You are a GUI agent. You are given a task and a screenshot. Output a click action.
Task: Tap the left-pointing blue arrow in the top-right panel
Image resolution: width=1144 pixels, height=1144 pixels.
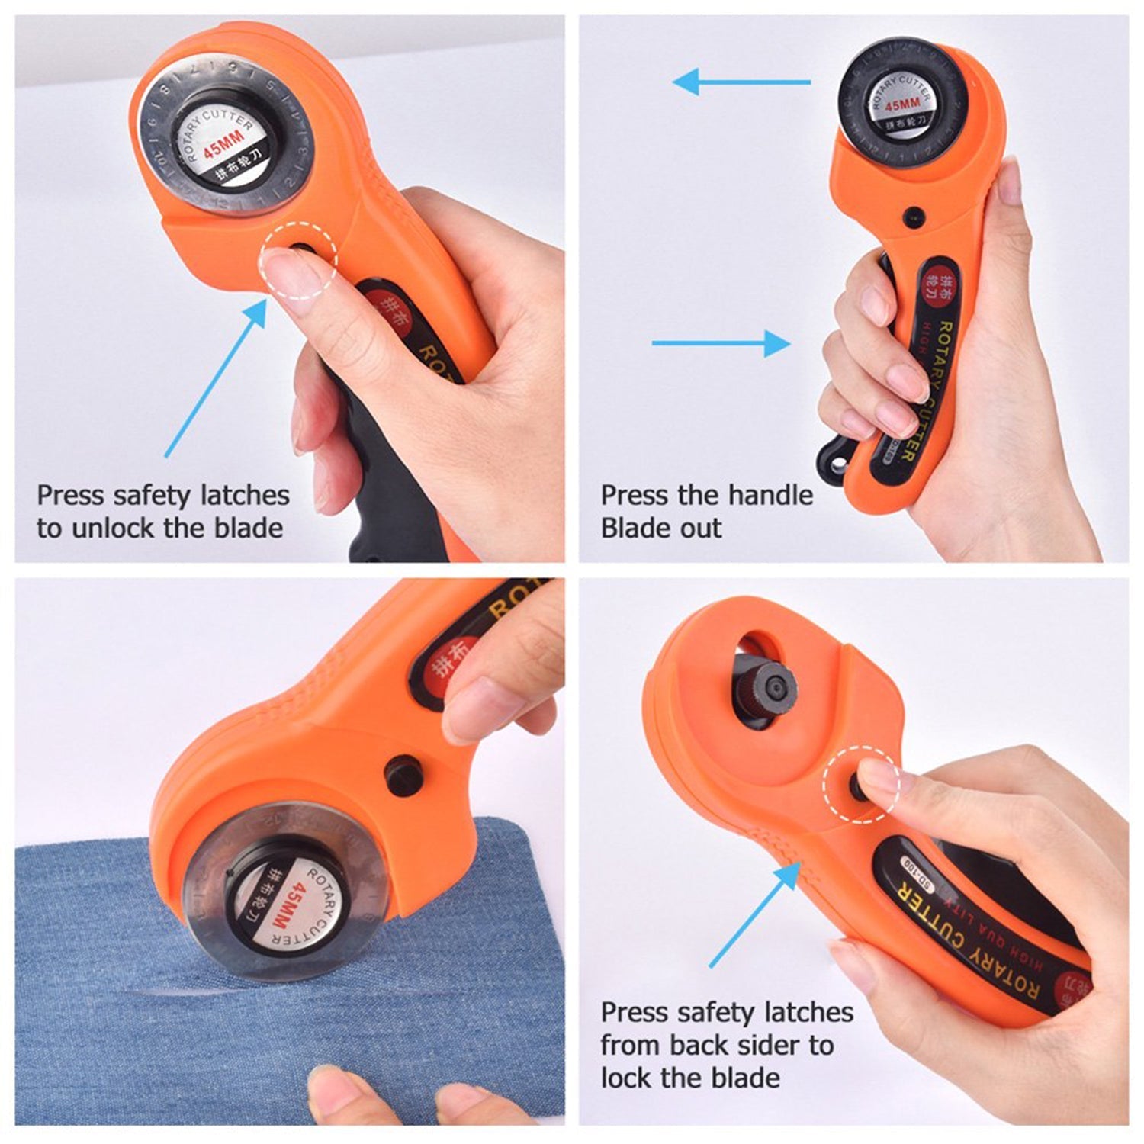(x=740, y=82)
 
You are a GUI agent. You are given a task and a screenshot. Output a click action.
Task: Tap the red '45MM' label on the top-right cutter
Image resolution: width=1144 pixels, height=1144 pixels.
(x=901, y=104)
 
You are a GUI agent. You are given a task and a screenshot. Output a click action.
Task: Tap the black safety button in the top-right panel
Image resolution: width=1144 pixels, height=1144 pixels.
(x=911, y=216)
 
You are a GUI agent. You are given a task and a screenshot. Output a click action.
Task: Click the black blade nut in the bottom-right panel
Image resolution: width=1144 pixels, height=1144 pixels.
(x=771, y=684)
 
